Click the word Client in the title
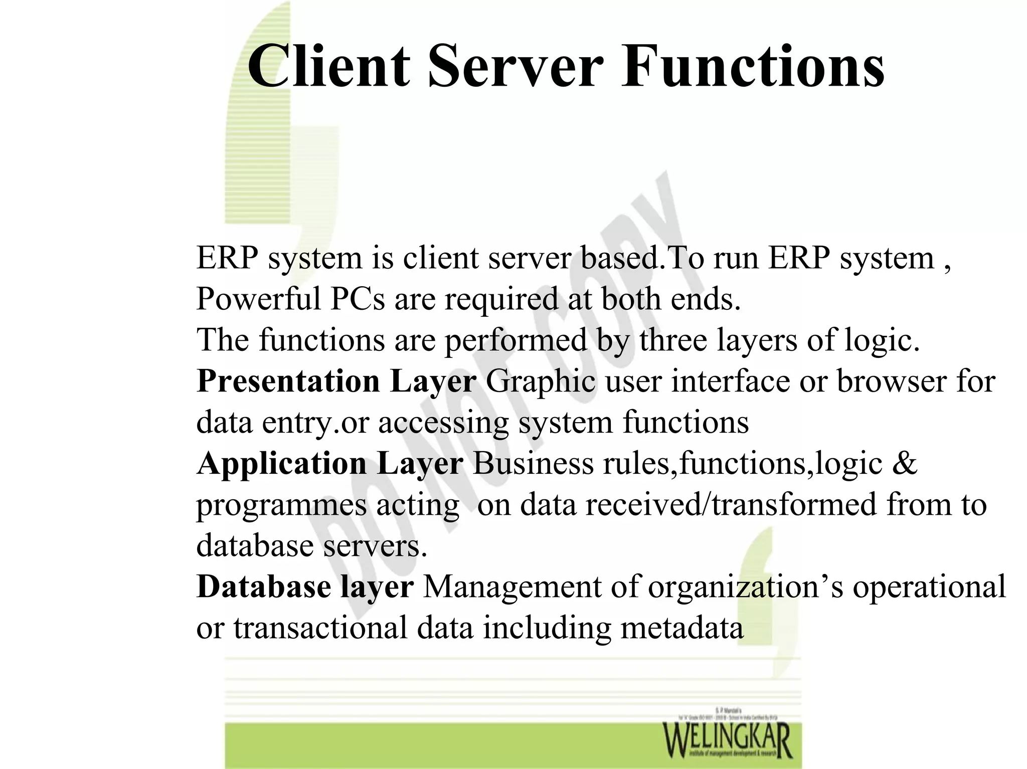pos(328,67)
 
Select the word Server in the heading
pos(515,67)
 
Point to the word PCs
pos(358,299)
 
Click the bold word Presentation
pos(288,381)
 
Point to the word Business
pos(533,464)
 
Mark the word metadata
pos(682,628)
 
